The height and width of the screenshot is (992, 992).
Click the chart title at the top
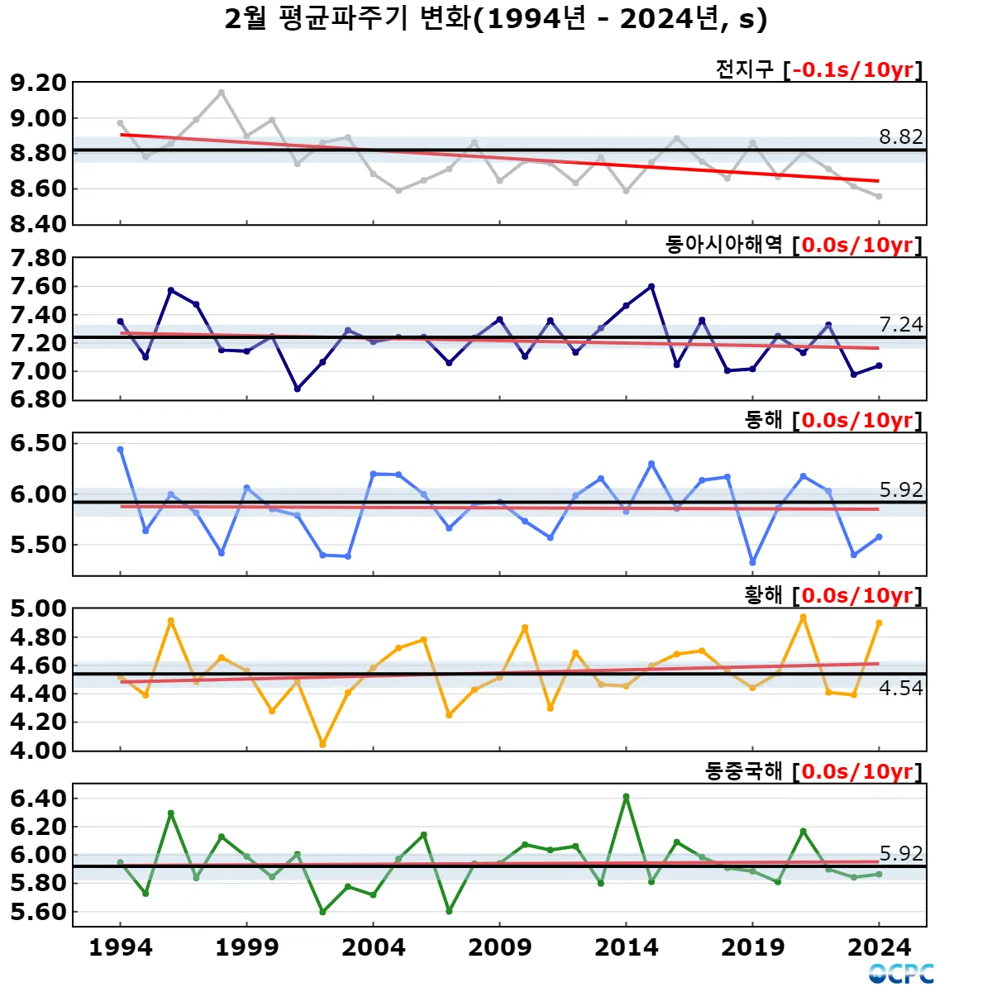point(496,18)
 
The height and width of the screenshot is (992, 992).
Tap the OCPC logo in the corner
point(901,973)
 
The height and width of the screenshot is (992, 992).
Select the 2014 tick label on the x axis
point(626,947)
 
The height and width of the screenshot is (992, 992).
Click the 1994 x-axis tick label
point(121,947)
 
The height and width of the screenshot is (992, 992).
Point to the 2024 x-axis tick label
point(879,947)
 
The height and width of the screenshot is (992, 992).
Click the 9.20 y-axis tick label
point(38,83)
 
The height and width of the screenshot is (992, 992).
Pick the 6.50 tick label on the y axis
point(38,443)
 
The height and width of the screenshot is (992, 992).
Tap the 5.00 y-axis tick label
point(38,609)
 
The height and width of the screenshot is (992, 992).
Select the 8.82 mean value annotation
point(900,136)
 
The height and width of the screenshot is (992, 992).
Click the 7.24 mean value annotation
point(900,324)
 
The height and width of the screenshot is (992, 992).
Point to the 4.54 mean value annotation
point(900,688)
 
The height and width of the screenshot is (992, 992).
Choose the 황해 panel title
point(763,595)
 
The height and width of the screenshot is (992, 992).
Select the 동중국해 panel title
point(743,771)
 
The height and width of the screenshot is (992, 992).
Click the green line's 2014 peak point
point(626,797)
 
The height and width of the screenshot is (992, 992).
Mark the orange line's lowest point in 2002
point(322,745)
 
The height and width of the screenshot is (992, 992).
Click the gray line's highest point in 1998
point(222,93)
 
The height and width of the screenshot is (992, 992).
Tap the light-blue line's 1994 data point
point(121,450)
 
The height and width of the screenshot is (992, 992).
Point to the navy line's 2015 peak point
point(651,287)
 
